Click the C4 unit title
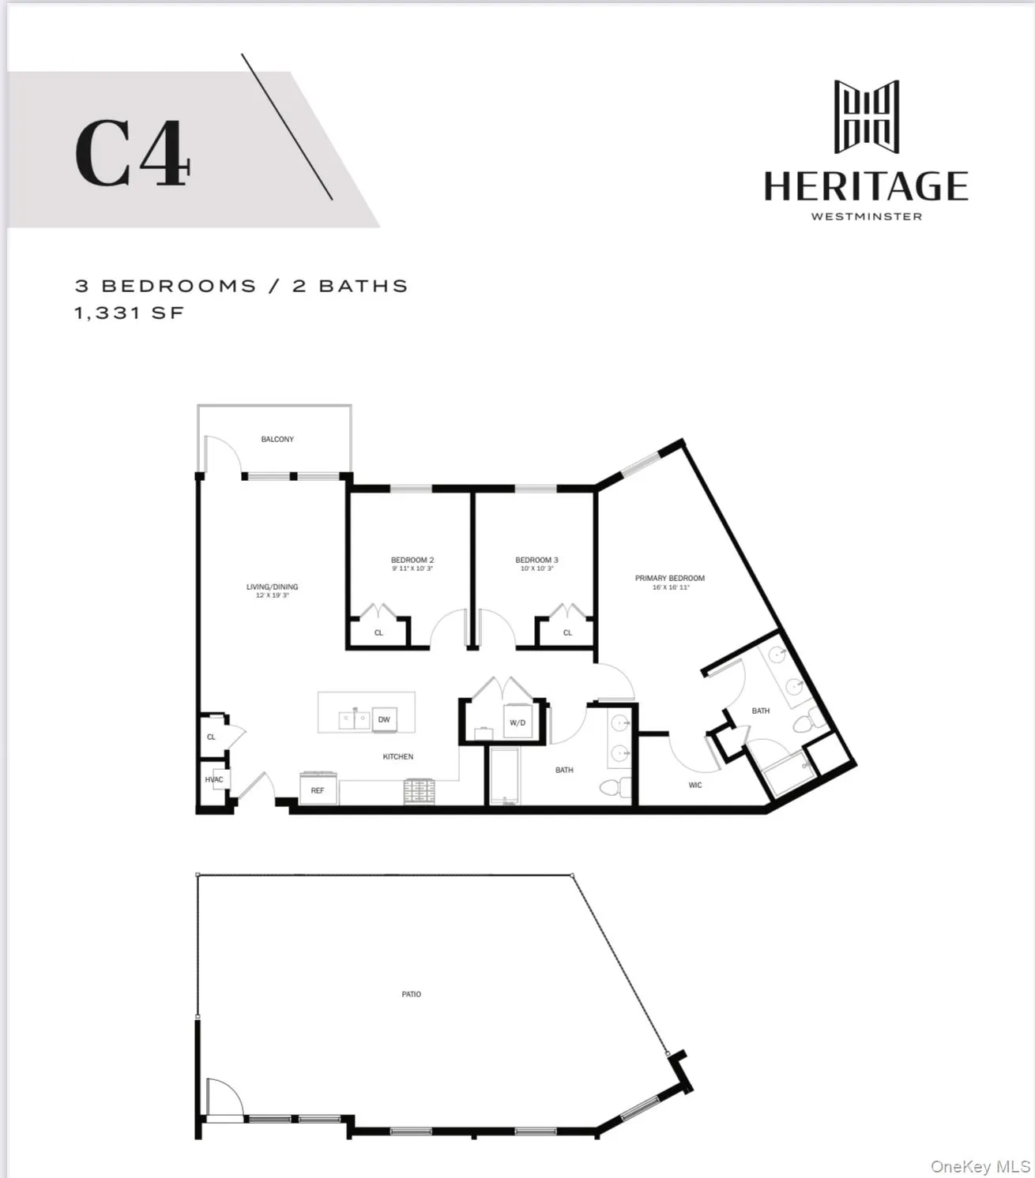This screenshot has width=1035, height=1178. click(133, 154)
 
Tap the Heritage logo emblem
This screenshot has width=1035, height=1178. click(867, 116)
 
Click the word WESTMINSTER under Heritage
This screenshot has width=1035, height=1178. click(867, 216)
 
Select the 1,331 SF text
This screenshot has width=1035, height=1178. click(130, 313)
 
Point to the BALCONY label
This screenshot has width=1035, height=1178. click(277, 439)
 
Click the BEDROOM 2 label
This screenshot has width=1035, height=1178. click(412, 561)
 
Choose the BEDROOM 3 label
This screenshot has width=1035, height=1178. click(536, 561)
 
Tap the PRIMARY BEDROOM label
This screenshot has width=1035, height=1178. click(670, 579)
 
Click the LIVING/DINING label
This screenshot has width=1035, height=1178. click(272, 587)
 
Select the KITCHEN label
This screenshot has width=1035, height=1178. click(398, 756)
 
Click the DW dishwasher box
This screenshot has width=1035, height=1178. click(384, 719)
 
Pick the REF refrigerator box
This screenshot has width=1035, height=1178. click(318, 790)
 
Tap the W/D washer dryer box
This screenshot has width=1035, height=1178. click(517, 722)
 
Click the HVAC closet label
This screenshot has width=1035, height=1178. click(214, 780)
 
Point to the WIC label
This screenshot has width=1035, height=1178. click(695, 785)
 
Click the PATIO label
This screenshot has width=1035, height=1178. click(412, 994)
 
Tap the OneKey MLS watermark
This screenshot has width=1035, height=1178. click(980, 1167)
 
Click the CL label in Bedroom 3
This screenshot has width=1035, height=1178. click(567, 632)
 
